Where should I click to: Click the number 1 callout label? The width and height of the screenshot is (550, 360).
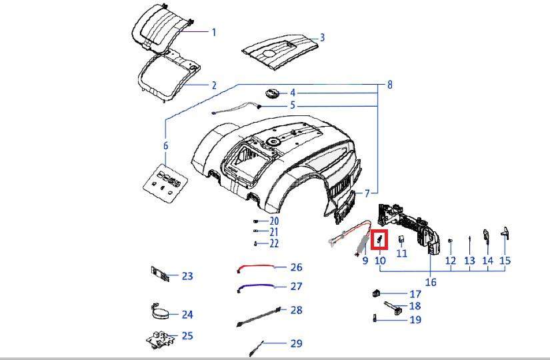(214, 32)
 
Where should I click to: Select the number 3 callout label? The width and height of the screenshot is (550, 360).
(322, 37)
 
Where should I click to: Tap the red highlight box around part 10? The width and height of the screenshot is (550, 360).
(380, 239)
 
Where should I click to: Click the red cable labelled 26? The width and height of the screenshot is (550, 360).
(256, 268)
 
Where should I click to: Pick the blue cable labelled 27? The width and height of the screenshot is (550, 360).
(256, 287)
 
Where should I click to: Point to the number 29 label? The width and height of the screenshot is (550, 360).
(296, 343)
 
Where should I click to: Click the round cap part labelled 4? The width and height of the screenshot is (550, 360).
(273, 93)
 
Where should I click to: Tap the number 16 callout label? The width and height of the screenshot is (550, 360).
(431, 282)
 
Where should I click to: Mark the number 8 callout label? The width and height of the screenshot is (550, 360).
(389, 85)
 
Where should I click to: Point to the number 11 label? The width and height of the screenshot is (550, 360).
(401, 253)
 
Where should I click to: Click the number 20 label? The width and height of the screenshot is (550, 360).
(274, 221)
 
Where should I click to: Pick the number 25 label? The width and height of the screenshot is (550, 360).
(187, 335)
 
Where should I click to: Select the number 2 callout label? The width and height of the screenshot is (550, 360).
(214, 85)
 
